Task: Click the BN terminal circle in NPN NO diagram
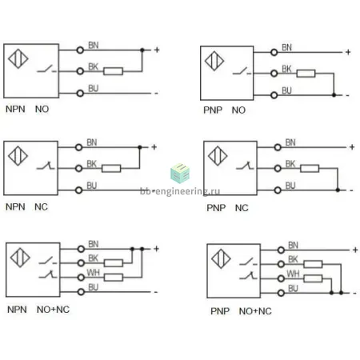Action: pos(80,50)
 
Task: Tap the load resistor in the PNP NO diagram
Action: pos(306,74)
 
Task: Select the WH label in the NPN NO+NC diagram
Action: pos(93,273)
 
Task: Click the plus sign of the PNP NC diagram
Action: pos(352,147)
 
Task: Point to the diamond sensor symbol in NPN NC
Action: pos(18,156)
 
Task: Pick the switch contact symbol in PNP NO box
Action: pos(242,71)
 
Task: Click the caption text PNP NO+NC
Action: pos(241,311)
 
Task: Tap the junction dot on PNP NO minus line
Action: pos(334,95)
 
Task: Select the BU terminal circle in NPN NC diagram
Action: pos(78,190)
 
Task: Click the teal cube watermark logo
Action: pos(180,173)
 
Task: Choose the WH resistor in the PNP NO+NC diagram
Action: pos(313,278)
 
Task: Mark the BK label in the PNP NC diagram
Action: pos(290,164)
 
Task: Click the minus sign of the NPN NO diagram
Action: pos(156,94)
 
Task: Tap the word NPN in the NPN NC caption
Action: pos(15,206)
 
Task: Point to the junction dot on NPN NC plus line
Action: pos(139,147)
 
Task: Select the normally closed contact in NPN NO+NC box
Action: pos(48,274)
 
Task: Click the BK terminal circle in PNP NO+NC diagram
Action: pos(281,264)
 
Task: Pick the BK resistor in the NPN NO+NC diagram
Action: pos(114,263)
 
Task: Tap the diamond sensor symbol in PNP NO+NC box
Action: pos(221,258)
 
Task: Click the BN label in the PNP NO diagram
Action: pos(287,47)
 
